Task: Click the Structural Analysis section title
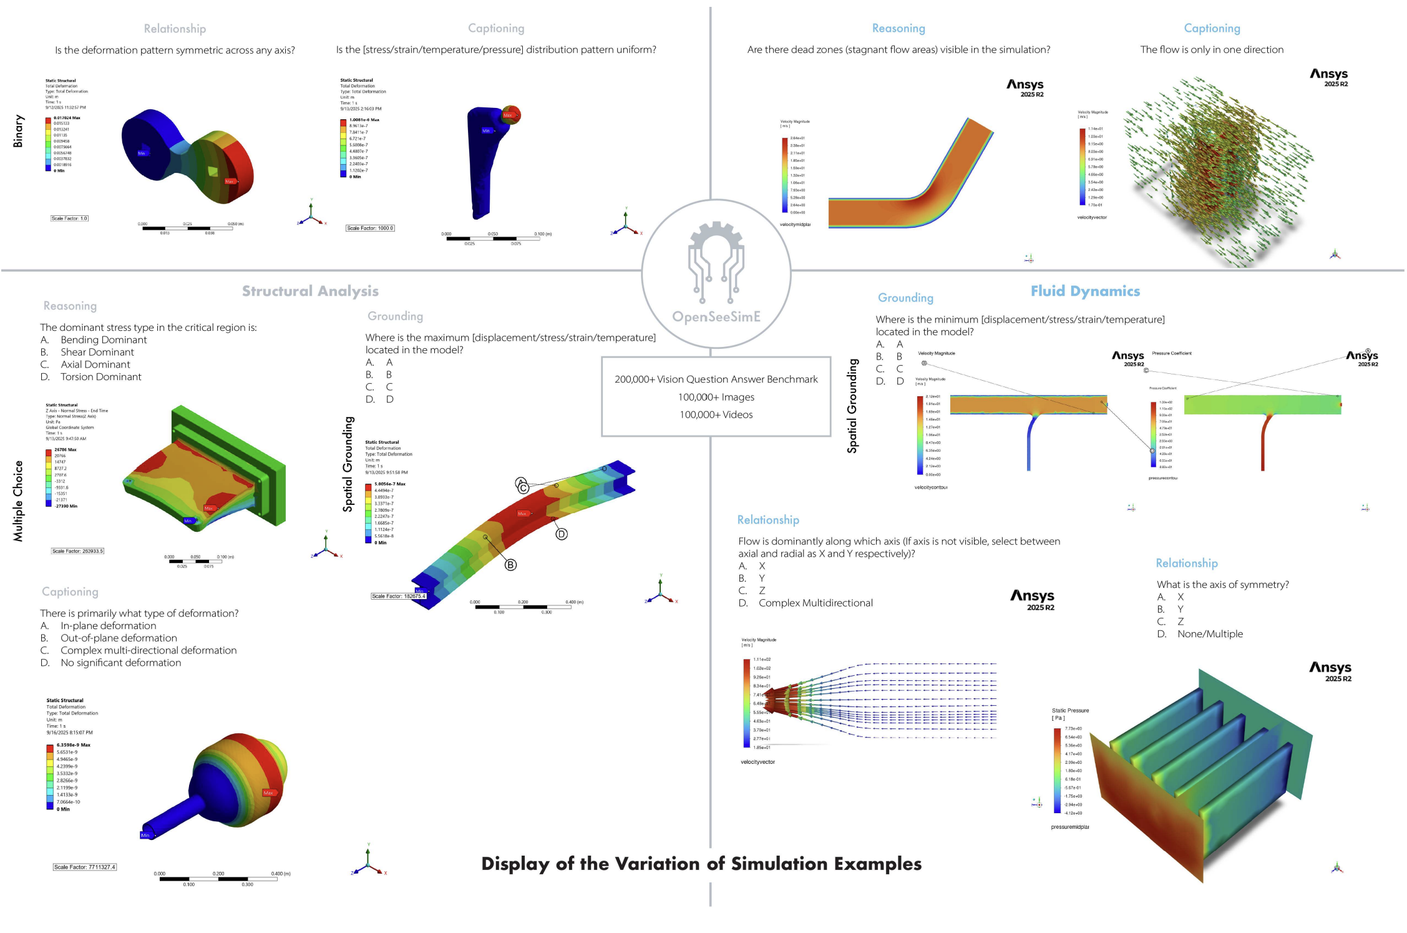(x=310, y=291)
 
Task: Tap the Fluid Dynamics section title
(x=1084, y=291)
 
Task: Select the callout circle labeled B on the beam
(x=510, y=565)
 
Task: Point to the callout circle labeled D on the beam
(x=562, y=534)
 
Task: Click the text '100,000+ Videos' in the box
(x=716, y=415)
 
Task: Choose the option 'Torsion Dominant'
(x=100, y=377)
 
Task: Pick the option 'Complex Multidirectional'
(x=815, y=603)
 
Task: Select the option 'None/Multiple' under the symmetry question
(x=1209, y=634)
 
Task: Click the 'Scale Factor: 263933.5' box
(x=77, y=551)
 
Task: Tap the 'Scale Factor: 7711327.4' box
(x=84, y=867)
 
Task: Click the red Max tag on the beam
(x=522, y=514)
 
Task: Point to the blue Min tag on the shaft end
(x=145, y=835)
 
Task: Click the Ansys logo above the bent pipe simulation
(x=1025, y=87)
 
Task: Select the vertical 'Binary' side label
(x=18, y=131)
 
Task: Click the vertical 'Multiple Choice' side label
(x=18, y=501)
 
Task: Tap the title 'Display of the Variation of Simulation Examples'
(x=701, y=864)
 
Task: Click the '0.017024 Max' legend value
(x=67, y=118)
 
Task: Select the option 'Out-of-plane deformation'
(x=119, y=638)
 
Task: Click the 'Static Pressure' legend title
(x=1070, y=710)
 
